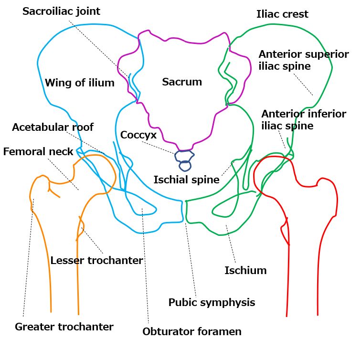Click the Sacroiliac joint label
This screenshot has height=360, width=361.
click(x=61, y=11)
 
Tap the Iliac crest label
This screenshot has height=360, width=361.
click(x=282, y=14)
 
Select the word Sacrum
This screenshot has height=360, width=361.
click(x=181, y=82)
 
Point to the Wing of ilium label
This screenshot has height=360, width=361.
click(x=79, y=83)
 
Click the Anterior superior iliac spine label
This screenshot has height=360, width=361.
click(x=303, y=60)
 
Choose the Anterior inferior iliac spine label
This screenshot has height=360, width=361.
click(x=303, y=120)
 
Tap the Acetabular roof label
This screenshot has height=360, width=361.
click(x=53, y=127)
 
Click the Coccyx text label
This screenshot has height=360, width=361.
click(x=138, y=135)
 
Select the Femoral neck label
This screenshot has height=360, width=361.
click(x=38, y=152)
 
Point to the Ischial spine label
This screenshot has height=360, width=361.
click(x=186, y=180)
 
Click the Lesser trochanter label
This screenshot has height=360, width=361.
click(x=96, y=260)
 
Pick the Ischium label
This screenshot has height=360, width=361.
click(x=245, y=271)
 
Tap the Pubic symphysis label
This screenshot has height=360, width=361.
click(x=212, y=302)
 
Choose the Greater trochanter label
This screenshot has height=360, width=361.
click(x=64, y=327)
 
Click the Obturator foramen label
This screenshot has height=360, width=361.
click(x=192, y=331)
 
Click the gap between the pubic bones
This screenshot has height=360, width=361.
click(x=184, y=210)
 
